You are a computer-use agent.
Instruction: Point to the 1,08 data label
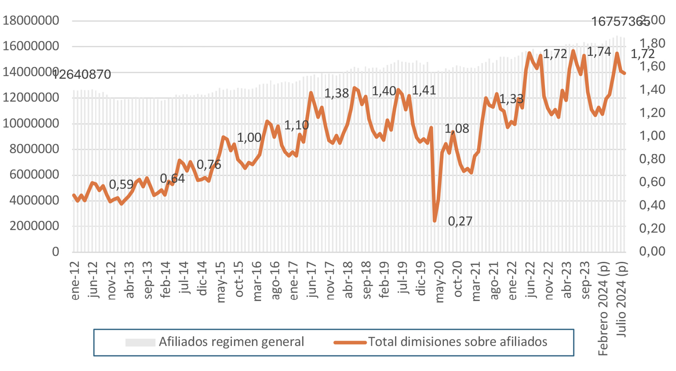(x=457, y=129)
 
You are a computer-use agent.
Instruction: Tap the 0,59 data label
(x=121, y=184)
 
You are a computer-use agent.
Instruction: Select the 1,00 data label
(x=249, y=138)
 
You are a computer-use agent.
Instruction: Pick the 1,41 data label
(x=424, y=90)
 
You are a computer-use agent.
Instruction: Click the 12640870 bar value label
(x=82, y=74)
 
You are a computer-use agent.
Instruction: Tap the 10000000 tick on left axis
(x=32, y=123)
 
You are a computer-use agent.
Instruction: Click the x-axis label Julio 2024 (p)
(x=622, y=298)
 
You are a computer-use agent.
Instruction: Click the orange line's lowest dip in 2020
(x=435, y=221)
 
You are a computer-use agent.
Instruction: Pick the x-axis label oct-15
(x=239, y=281)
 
